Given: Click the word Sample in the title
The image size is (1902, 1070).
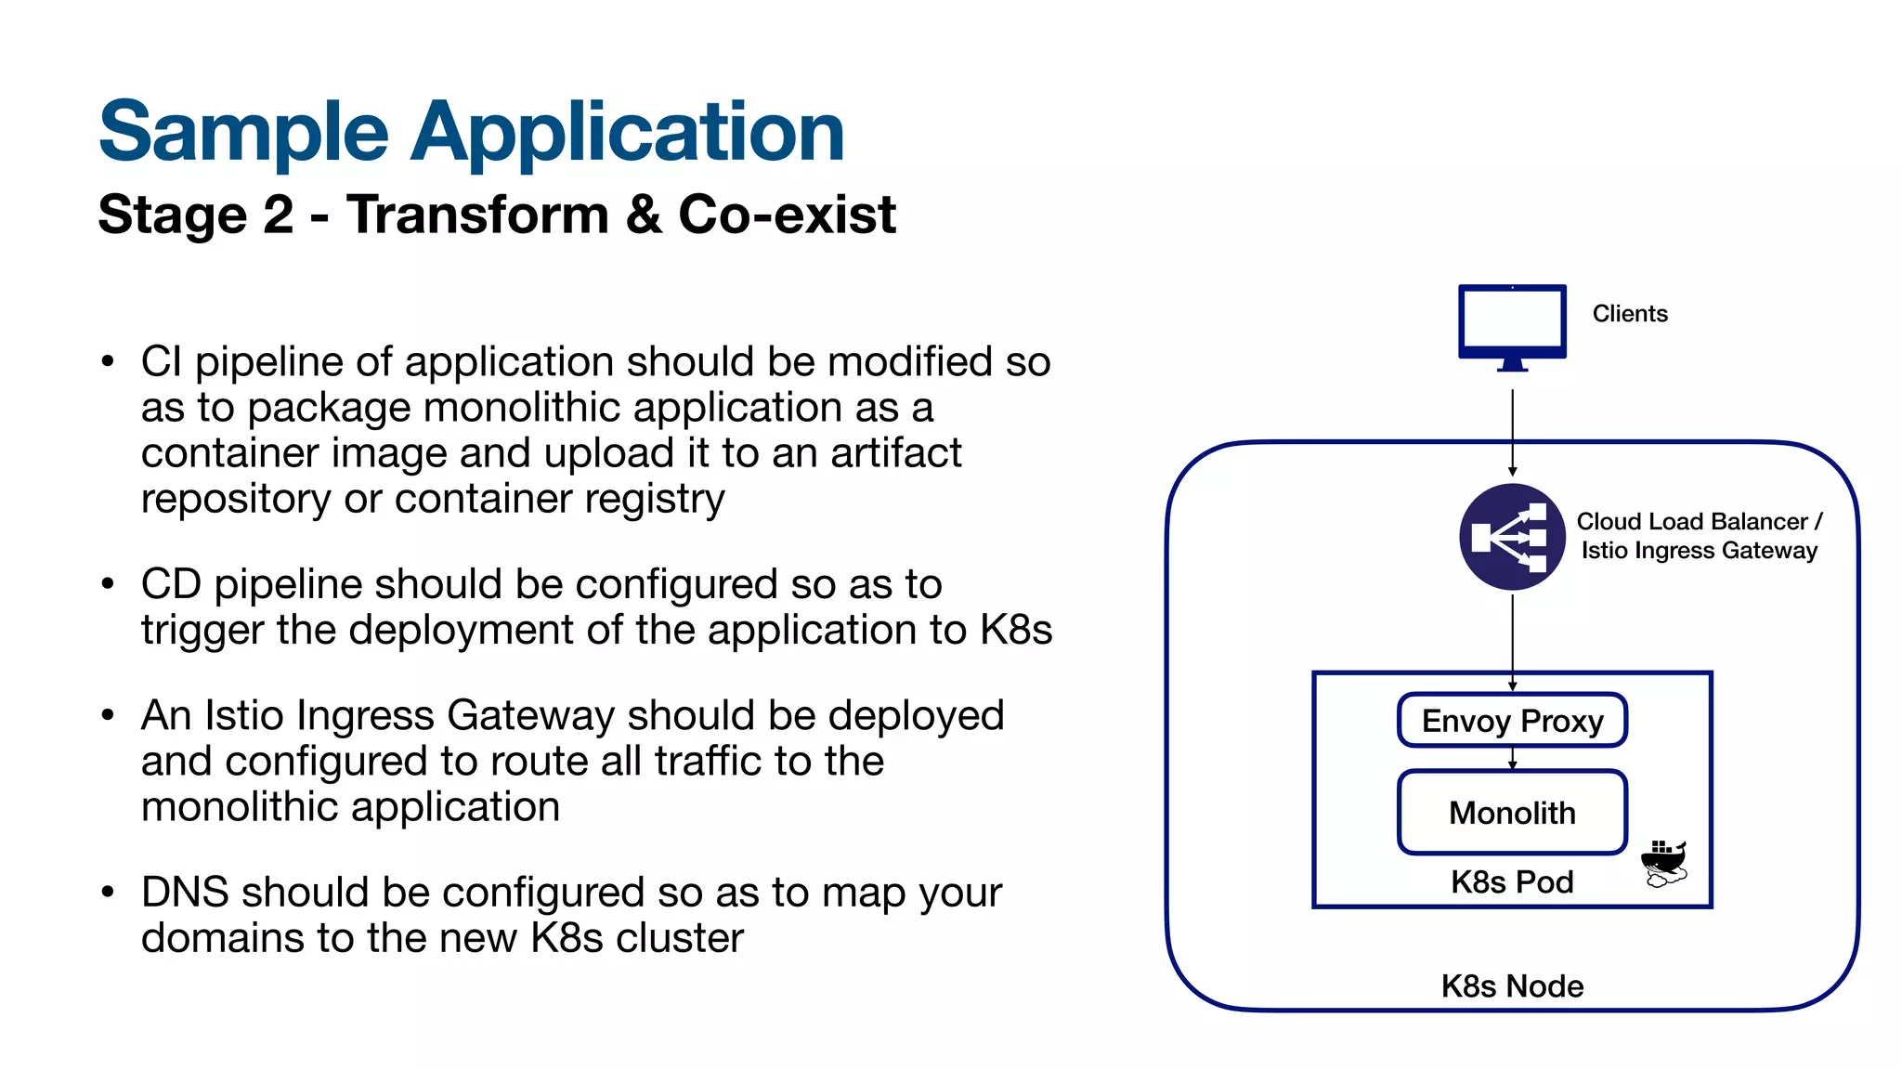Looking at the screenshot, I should (x=243, y=132).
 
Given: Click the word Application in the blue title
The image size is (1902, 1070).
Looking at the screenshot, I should (x=628, y=132).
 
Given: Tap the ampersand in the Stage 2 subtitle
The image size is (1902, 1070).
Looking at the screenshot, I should (x=644, y=215).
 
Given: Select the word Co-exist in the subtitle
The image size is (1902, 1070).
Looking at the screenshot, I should (x=787, y=215).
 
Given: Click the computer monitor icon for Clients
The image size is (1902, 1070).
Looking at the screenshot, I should (x=1512, y=325).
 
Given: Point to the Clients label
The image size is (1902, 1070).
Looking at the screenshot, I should (x=1630, y=314).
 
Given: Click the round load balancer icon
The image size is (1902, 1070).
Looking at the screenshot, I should (x=1512, y=537).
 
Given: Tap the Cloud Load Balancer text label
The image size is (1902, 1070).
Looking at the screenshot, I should (x=1699, y=522).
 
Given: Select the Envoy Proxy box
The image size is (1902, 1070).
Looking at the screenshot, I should (x=1512, y=720).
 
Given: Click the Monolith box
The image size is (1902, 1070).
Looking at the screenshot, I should (x=1512, y=813).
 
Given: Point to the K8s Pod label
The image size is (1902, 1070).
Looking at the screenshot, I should (x=1512, y=881).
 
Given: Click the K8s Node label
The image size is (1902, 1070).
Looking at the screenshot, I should (x=1512, y=985).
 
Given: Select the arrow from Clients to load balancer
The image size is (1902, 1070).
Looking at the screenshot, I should (x=1512, y=432).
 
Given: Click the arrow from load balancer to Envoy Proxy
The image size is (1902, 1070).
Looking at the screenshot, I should (x=1512, y=641).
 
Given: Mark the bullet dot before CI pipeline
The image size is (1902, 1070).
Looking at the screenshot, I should (x=108, y=361).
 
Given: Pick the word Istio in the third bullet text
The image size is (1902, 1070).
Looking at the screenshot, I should (x=242, y=716).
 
